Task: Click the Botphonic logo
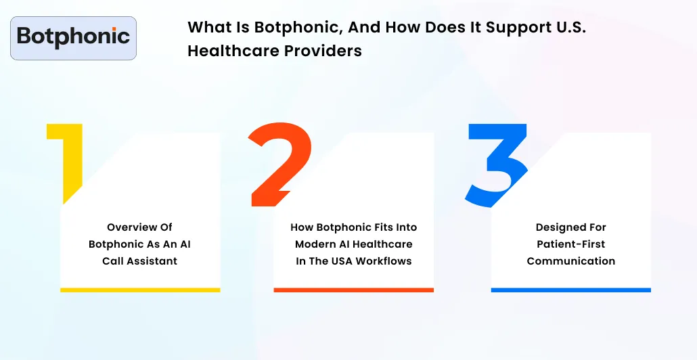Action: [x=73, y=37]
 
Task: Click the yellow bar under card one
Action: [x=140, y=290]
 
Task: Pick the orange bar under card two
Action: [x=353, y=290]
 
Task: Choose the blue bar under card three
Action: [x=570, y=290]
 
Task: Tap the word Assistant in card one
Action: [x=154, y=261]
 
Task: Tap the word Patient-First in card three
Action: [x=570, y=244]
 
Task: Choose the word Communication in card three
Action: [x=570, y=261]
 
